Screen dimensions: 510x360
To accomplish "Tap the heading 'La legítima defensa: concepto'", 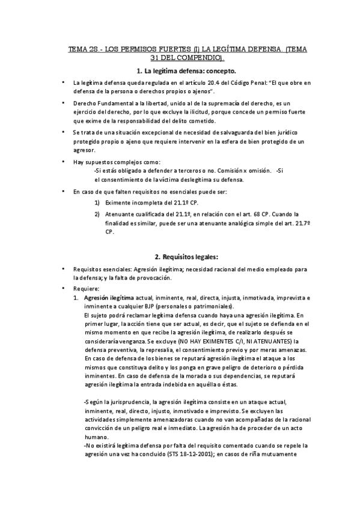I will (186, 70).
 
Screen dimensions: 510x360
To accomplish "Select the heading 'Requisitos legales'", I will (186, 257).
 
